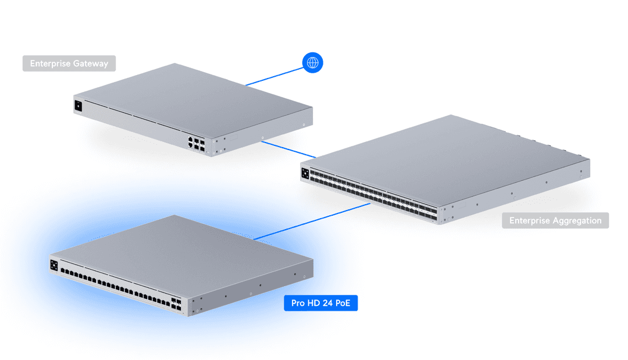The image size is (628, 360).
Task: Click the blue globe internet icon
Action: pyautogui.click(x=312, y=63)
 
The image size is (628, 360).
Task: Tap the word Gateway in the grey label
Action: pyautogui.click(x=90, y=63)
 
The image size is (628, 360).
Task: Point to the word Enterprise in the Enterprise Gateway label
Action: pyautogui.click(x=50, y=63)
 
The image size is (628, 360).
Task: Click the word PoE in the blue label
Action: pyautogui.click(x=342, y=303)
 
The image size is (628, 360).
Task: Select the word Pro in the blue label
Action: pyautogui.click(x=298, y=303)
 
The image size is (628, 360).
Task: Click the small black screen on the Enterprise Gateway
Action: pyautogui.click(x=77, y=106)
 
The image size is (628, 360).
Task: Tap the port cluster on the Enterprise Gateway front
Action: pyautogui.click(x=196, y=144)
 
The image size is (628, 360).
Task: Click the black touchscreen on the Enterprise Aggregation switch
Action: pyautogui.click(x=305, y=173)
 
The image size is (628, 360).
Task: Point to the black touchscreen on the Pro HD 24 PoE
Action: pyautogui.click(x=54, y=266)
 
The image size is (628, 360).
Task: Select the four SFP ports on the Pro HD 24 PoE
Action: pyautogui.click(x=175, y=302)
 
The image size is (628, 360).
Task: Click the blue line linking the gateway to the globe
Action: pyautogui.click(x=273, y=77)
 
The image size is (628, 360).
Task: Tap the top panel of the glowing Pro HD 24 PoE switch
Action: pyautogui.click(x=180, y=250)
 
